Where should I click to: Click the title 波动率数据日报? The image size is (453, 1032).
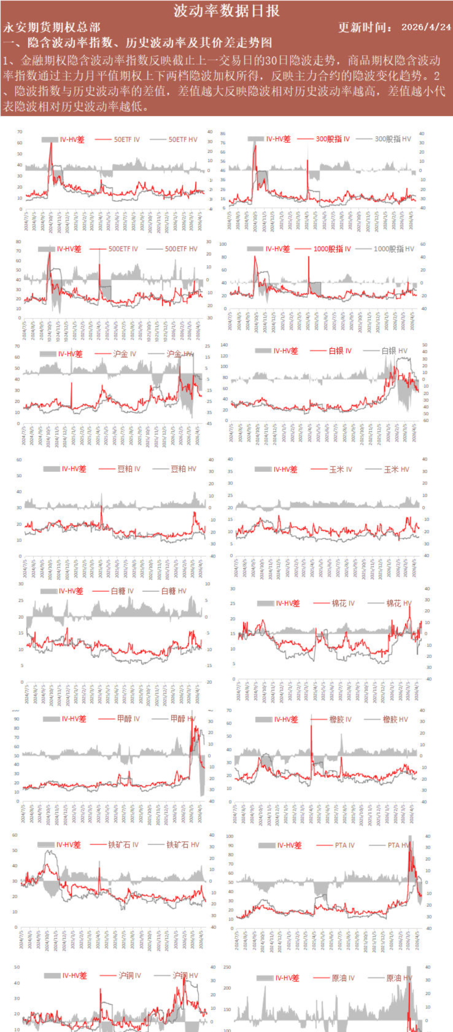226,10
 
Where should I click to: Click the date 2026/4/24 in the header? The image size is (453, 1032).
426,27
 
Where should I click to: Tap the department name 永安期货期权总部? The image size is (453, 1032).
52,27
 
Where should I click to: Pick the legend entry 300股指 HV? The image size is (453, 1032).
392,139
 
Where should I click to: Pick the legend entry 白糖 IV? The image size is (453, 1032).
122,591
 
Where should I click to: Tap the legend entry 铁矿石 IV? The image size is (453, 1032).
123,845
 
